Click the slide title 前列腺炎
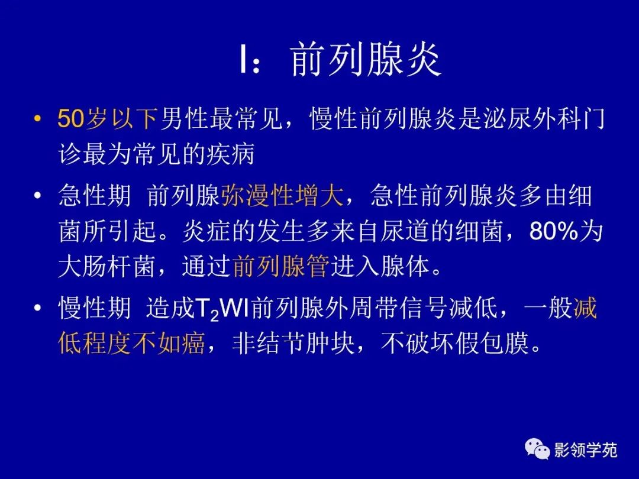(366, 61)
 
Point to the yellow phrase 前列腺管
(280, 267)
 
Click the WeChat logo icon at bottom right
(538, 451)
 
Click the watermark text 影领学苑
(586, 451)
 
